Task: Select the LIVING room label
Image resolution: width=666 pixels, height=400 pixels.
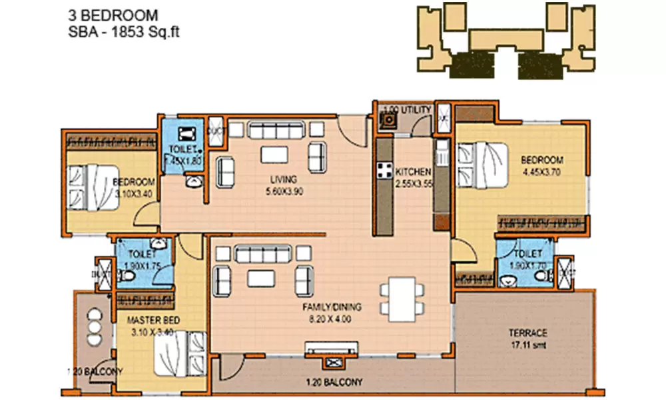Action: (x=283, y=179)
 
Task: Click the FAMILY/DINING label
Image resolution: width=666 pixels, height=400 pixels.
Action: (x=331, y=307)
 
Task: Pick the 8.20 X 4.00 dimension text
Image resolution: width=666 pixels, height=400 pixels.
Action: (x=331, y=319)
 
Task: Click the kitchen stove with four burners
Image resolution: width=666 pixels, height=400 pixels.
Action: (x=384, y=171)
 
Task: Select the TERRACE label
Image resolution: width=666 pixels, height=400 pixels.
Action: (x=527, y=333)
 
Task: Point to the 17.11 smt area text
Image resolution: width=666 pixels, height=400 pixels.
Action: (x=527, y=345)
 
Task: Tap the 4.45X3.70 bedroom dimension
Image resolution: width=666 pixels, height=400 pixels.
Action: (x=542, y=171)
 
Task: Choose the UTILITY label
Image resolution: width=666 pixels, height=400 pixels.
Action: (x=416, y=109)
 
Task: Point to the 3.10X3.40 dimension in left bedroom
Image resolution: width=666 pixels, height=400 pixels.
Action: (x=135, y=194)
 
